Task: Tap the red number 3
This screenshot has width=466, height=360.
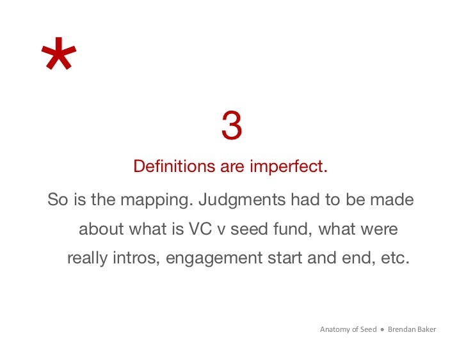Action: pyautogui.click(x=232, y=126)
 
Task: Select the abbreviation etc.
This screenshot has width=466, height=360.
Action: pyautogui.click(x=393, y=258)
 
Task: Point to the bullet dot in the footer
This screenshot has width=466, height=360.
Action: pyautogui.click(x=382, y=330)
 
